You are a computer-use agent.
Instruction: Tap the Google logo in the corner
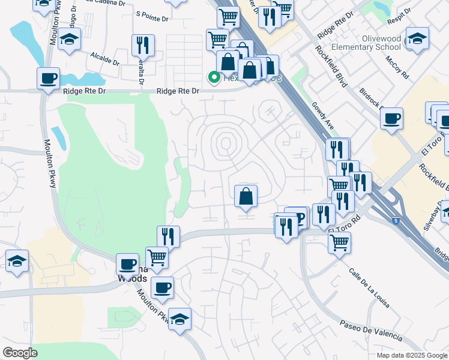point(20,353)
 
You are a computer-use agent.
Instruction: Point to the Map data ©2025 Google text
point(411,355)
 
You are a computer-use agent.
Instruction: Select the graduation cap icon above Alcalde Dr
point(70,40)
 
